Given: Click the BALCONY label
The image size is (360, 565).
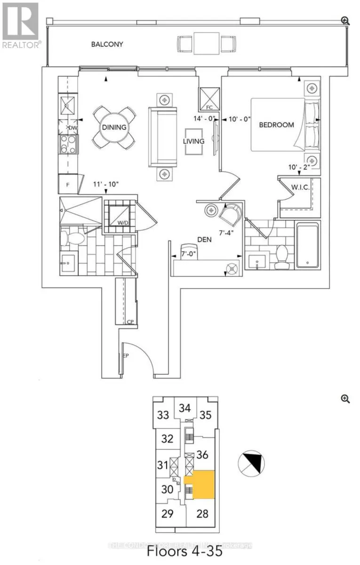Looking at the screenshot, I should tap(107, 44).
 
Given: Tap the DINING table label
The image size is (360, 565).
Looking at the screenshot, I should tap(114, 127).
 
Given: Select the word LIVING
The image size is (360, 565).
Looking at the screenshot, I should tap(194, 141).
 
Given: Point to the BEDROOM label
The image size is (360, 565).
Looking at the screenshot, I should tap(277, 125).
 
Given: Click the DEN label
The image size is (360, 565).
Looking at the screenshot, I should tap(204, 239).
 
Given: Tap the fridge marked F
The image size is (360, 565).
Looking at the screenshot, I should tap(67, 184).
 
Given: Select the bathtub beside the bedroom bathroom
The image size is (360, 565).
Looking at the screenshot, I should tap(308, 245).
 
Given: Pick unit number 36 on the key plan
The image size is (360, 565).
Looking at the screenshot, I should tap(203, 455).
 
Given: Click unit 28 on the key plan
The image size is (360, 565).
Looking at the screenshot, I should tap(202, 513).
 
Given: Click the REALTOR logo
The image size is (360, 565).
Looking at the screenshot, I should tap(21, 25).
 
